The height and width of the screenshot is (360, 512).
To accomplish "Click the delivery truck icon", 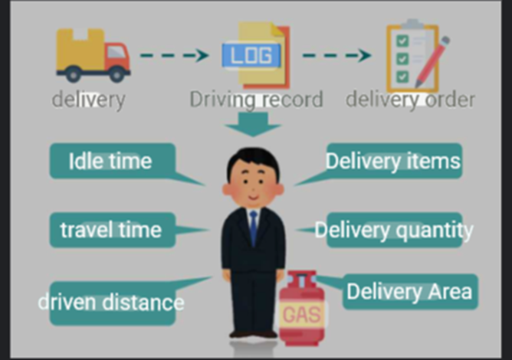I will coord(92,56).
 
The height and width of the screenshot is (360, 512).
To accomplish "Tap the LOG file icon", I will coord(254,55).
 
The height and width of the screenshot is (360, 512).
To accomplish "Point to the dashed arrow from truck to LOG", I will coord(174,55).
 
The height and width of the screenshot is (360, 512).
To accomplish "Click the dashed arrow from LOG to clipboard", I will coord(336,55).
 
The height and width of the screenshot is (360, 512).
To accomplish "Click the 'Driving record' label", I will coord(256,99).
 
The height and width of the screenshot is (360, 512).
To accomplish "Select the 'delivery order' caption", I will coord(410,99).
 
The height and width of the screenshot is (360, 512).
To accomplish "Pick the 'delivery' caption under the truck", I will coord(88,99).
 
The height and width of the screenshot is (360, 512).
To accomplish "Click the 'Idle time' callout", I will coord(111,162).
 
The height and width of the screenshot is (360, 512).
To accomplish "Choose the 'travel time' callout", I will coord(111,229).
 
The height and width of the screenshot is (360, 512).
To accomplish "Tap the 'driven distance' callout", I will coord(112,302).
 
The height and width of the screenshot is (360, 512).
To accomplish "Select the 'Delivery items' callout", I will coord(393,161).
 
